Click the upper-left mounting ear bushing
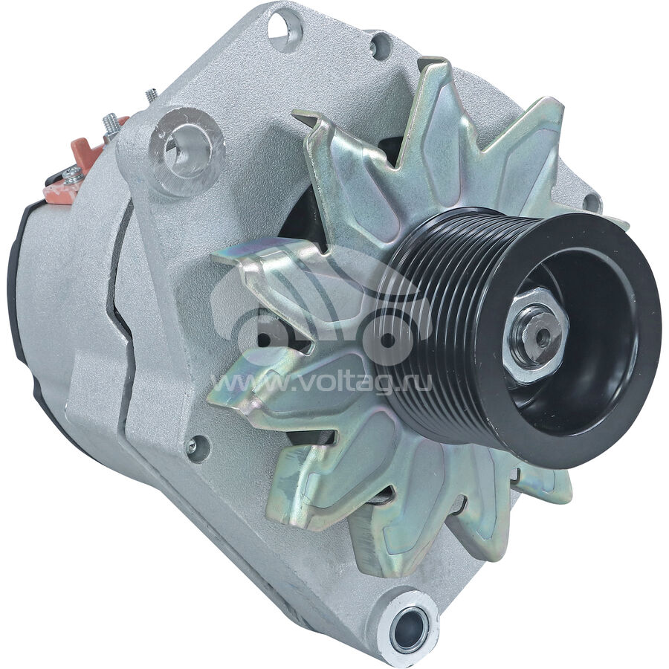point(187,149)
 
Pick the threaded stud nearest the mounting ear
point(151,96)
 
